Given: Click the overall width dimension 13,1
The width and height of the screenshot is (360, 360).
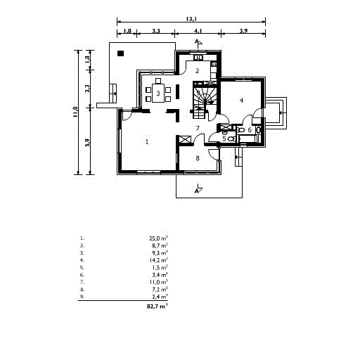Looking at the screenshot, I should (x=191, y=19).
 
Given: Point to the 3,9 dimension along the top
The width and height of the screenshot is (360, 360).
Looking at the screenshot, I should (x=243, y=32).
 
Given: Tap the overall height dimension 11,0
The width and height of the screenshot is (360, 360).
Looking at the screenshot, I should (x=75, y=112).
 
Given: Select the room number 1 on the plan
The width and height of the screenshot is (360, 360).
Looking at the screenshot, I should (x=147, y=142).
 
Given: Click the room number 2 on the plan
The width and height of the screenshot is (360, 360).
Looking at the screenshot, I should (x=197, y=71).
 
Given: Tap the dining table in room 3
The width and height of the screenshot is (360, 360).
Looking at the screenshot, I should (x=159, y=94).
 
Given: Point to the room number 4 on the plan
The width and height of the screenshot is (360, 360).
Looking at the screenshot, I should (x=241, y=101).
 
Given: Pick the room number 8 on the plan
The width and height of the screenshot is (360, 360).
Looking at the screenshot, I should (x=198, y=158).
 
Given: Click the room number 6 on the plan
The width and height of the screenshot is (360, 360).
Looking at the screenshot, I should (x=250, y=131).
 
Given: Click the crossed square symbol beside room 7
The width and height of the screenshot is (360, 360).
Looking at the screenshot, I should (x=186, y=139).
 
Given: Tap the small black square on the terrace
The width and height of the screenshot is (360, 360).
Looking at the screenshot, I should (x=121, y=53).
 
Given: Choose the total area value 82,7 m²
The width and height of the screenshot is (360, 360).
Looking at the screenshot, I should (x=157, y=307).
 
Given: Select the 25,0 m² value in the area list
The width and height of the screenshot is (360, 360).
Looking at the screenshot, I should (x=158, y=238).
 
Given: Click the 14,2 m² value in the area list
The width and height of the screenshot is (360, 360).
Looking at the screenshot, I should (x=158, y=260).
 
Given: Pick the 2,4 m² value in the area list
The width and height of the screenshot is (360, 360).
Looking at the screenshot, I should (x=159, y=296).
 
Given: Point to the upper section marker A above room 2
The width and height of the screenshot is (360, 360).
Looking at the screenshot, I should (x=198, y=43).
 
